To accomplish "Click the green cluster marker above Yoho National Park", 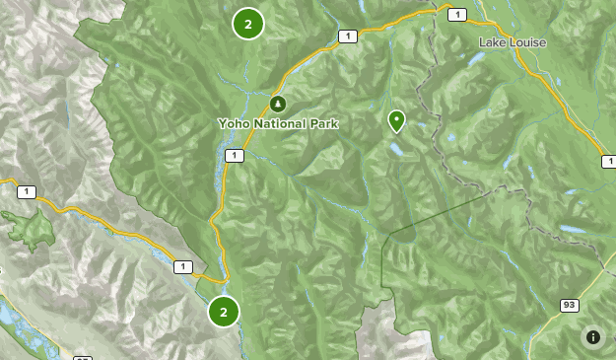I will coord(247,24).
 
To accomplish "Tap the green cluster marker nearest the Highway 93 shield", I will coord(224,312).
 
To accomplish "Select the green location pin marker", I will coord(396,120).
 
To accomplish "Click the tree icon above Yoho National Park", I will coord(277,104).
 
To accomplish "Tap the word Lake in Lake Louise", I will coord(492,42).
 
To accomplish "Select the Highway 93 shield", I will coord(569,306).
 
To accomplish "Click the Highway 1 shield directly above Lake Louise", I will coord(457,14).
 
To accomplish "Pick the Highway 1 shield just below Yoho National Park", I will coord(234,156).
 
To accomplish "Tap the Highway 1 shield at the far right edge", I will coord(609,161).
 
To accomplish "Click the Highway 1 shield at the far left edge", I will coord(25,191).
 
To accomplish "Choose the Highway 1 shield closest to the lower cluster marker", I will coord(182,266).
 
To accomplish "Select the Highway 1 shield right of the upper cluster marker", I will coord(346,36).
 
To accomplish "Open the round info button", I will coord(593,337).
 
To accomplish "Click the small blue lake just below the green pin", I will coord(394,150).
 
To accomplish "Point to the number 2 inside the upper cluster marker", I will coord(247,24).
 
